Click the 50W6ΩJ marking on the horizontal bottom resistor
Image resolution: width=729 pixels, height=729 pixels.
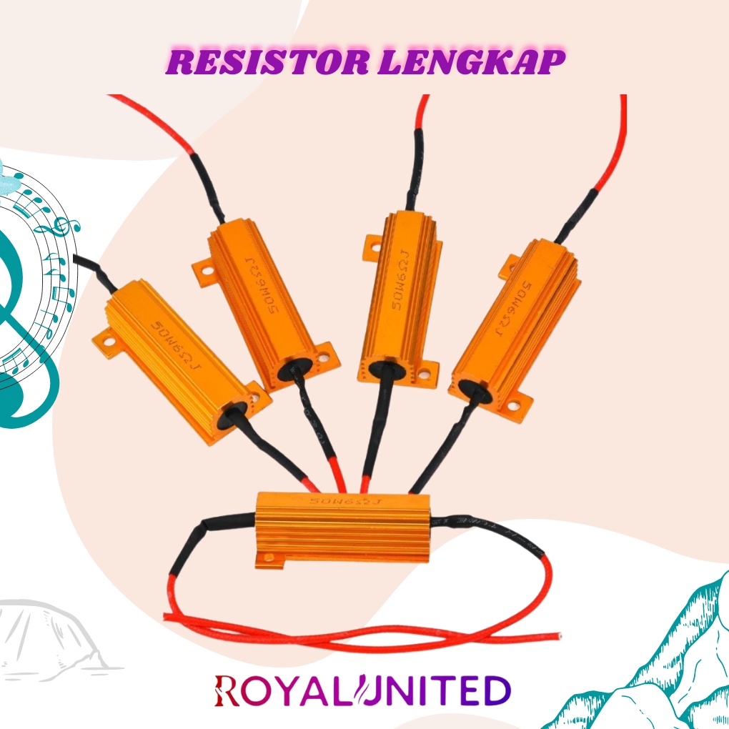point(345,502)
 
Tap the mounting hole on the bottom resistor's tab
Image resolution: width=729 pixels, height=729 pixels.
point(269,556)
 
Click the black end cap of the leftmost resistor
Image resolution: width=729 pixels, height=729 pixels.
point(233,412)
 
